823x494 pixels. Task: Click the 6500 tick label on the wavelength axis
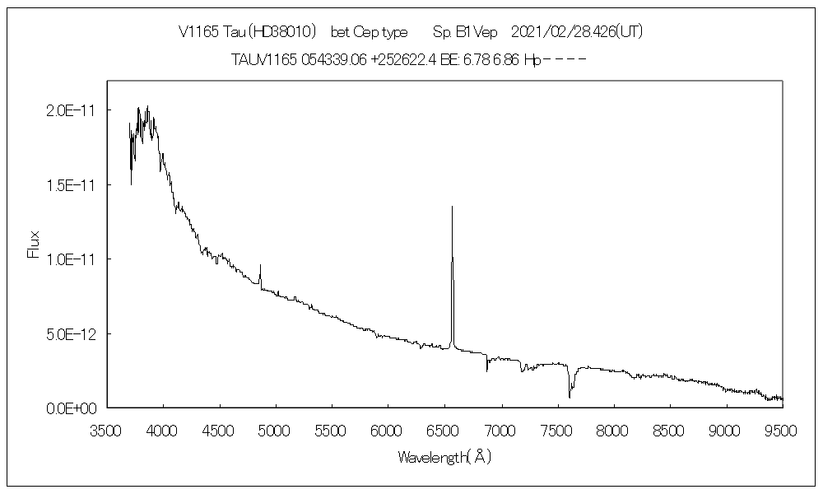point(444,429)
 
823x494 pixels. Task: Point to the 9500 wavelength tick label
point(782,429)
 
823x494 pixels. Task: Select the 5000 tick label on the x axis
point(276,429)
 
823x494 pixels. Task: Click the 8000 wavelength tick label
point(613,429)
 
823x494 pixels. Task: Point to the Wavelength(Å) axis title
point(444,456)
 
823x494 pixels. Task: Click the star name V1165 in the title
point(199,32)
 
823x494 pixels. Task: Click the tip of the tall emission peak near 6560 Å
point(452,207)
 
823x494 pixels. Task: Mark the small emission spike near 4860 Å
point(260,266)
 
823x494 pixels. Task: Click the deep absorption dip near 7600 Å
point(570,397)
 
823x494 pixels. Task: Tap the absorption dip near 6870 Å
point(487,370)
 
